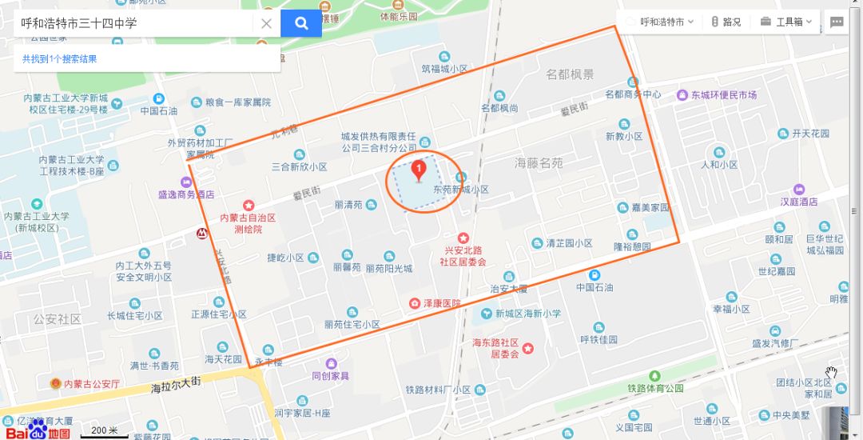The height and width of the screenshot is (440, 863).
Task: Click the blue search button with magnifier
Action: pyautogui.click(x=301, y=23)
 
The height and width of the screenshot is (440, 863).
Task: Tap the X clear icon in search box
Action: pyautogui.click(x=267, y=23)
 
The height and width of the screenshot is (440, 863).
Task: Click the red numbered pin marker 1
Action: pyautogui.click(x=418, y=170)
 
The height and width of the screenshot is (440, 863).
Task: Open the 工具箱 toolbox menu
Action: pyautogui.click(x=786, y=22)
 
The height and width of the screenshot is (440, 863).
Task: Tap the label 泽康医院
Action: pyautogui.click(x=440, y=304)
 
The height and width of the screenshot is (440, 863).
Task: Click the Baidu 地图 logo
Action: pyautogui.click(x=38, y=430)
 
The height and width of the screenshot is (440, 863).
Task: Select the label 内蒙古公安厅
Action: pyautogui.click(x=91, y=384)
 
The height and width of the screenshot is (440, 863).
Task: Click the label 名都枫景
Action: pyautogui.click(x=570, y=74)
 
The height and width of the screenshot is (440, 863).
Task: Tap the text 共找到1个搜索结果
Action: pyautogui.click(x=60, y=59)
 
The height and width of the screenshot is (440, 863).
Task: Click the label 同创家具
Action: pyautogui.click(x=330, y=375)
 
